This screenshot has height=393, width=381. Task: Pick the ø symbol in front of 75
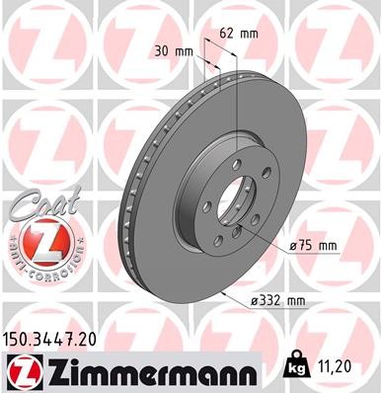[x=293, y=244]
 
